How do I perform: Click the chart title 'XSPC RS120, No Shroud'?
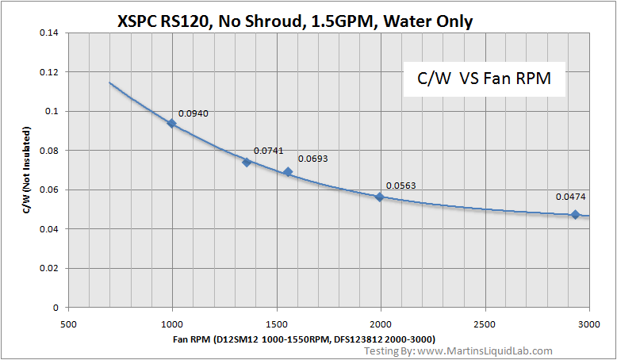click(294, 21)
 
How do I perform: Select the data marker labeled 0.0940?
click(171, 123)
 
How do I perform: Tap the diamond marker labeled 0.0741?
click(247, 162)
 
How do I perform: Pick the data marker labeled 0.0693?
click(288, 171)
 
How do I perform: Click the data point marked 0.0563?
click(380, 197)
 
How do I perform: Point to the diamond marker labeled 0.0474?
click(575, 214)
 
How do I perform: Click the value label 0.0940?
click(194, 114)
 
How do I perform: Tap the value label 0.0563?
click(400, 186)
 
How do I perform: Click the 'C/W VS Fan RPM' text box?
click(485, 79)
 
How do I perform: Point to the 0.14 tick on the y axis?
click(49, 33)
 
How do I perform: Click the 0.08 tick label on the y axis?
click(49, 150)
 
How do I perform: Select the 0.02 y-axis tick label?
click(49, 268)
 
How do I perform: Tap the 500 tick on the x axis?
click(68, 324)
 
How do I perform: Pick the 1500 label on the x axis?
click(276, 324)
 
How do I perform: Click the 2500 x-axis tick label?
click(485, 324)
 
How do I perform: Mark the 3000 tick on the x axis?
click(588, 324)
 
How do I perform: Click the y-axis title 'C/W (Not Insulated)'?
click(25, 170)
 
